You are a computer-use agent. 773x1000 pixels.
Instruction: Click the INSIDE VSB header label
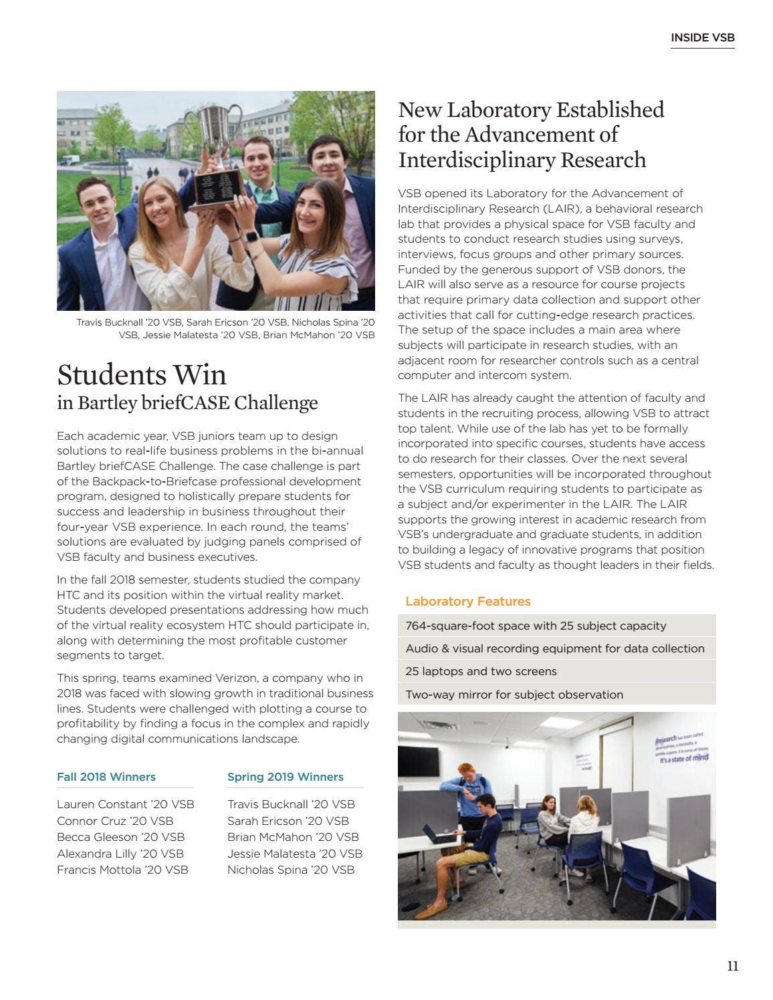coord(702,38)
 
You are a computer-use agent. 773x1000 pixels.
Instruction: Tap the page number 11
coord(732,966)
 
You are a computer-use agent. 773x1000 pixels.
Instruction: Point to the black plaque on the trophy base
coord(217,186)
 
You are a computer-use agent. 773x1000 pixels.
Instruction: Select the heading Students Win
coord(142,375)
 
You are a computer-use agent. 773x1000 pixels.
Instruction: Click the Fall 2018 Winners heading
coord(106,777)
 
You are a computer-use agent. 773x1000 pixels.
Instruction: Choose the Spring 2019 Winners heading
coord(286,777)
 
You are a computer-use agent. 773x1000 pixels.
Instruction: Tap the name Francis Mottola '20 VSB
coord(122,870)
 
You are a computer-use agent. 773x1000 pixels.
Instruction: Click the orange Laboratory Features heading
coord(467,602)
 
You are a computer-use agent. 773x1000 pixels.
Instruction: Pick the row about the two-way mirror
coord(514,695)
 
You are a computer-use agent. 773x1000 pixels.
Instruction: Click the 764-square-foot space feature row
coord(536,626)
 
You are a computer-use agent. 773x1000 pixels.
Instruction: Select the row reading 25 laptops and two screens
coord(481,671)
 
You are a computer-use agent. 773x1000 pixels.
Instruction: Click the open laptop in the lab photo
coord(439,834)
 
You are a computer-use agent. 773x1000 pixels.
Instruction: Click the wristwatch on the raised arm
coord(251,236)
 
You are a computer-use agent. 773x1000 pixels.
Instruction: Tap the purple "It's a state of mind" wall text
coord(683,758)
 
